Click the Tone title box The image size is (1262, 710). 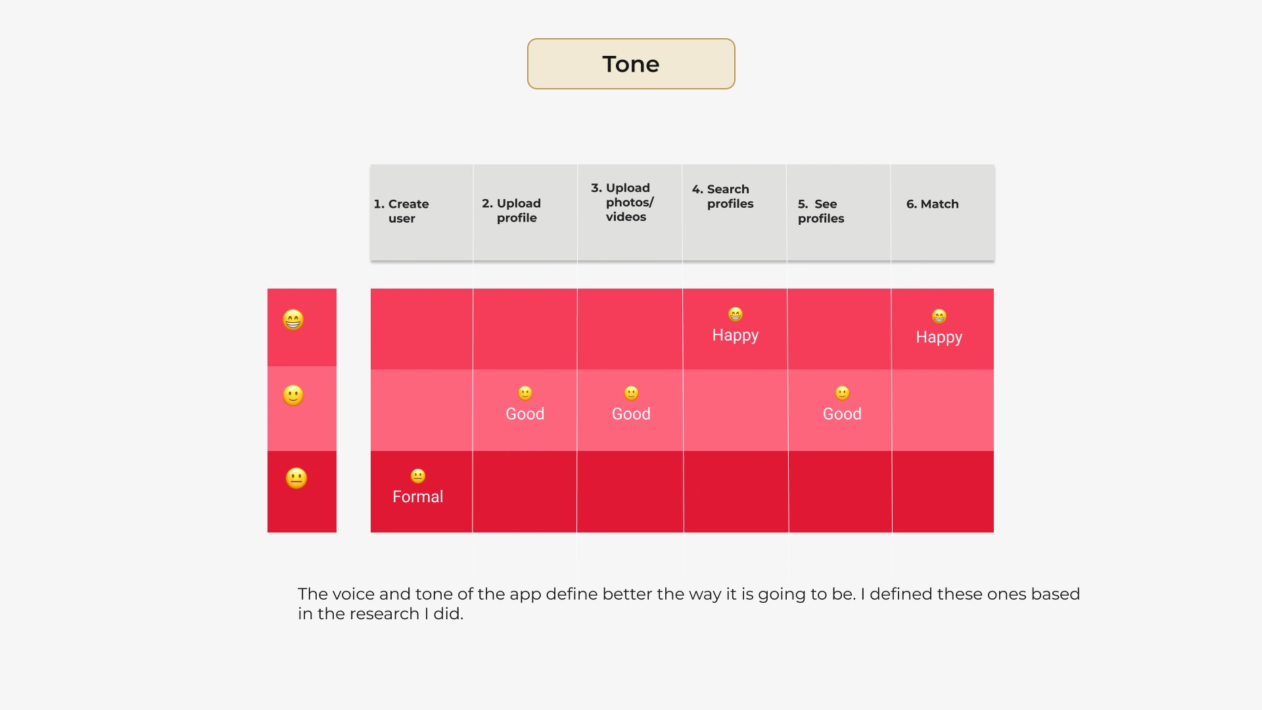(631, 64)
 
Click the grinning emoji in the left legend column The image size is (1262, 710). (293, 319)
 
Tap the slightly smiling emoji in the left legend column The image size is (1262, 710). (293, 395)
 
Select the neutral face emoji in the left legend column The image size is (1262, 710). (296, 478)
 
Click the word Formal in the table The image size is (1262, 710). (418, 497)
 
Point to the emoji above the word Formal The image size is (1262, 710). (418, 475)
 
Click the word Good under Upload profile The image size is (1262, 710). (525, 414)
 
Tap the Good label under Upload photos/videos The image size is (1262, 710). (631, 414)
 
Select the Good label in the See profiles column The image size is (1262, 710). (842, 414)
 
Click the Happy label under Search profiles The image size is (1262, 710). (736, 335)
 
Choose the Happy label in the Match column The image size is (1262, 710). (939, 337)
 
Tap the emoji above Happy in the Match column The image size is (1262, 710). (939, 316)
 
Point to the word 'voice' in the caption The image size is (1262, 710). (354, 594)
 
